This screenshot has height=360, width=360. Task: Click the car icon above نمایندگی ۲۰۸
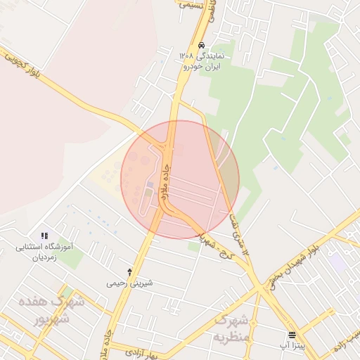click(202, 45)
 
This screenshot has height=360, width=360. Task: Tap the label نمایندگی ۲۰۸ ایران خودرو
click(201, 60)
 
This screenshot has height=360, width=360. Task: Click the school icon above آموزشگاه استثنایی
click(44, 236)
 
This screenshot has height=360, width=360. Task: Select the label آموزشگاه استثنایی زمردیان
click(44, 252)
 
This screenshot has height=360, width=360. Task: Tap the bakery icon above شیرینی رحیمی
click(129, 271)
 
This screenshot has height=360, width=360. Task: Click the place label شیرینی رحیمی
click(129, 284)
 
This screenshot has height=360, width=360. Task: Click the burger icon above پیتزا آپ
click(292, 334)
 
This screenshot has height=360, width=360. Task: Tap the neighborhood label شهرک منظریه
click(231, 329)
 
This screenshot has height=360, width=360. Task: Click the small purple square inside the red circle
click(149, 185)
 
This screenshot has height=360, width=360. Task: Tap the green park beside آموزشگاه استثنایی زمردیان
click(70, 257)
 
